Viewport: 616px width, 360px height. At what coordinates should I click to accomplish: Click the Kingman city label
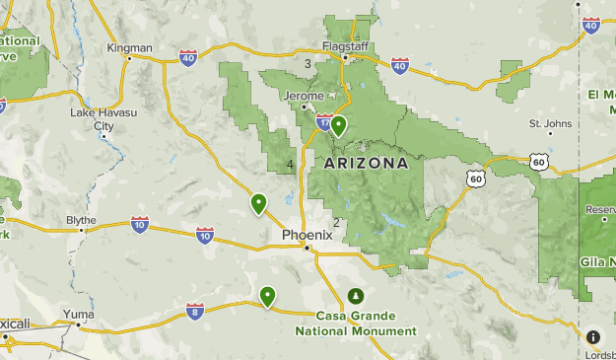pyautogui.click(x=130, y=47)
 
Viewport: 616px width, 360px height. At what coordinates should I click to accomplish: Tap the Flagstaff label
pyautogui.click(x=345, y=45)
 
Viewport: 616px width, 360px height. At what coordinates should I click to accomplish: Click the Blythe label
pyautogui.click(x=81, y=220)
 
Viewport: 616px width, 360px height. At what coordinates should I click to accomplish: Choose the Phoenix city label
pyautogui.click(x=308, y=235)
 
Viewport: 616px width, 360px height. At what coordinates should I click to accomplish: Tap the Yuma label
pyautogui.click(x=78, y=315)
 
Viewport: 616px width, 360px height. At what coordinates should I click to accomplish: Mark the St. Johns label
pyautogui.click(x=550, y=123)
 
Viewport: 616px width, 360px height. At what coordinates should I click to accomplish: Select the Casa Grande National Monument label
pyautogui.click(x=356, y=324)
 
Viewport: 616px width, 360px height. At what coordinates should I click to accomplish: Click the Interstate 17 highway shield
pyautogui.click(x=324, y=122)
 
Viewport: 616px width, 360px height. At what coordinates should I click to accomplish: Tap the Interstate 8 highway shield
pyautogui.click(x=195, y=312)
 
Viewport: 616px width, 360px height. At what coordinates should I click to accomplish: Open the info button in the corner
pyautogui.click(x=592, y=337)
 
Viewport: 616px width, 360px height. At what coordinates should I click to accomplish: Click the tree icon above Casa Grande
pyautogui.click(x=356, y=296)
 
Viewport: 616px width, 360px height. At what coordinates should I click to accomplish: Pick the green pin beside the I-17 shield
pyautogui.click(x=338, y=125)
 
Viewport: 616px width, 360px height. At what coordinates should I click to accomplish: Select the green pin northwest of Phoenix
pyautogui.click(x=259, y=203)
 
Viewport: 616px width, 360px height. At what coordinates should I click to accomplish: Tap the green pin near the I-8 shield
pyautogui.click(x=267, y=296)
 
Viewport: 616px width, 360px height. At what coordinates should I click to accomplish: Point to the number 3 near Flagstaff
pyautogui.click(x=308, y=64)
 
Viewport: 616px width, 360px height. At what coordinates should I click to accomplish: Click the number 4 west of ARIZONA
pyautogui.click(x=290, y=164)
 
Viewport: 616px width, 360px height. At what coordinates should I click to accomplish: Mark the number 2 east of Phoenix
pyautogui.click(x=336, y=222)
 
